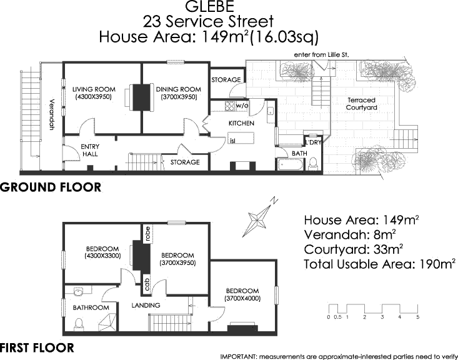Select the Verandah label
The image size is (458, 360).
[x=52, y=115]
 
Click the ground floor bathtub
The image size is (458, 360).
[x=289, y=166]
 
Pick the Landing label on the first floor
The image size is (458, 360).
[x=147, y=305]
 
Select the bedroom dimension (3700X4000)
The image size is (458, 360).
[x=242, y=299]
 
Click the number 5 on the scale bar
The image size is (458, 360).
[x=417, y=317]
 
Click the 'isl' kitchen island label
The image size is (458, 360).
[x=233, y=141]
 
